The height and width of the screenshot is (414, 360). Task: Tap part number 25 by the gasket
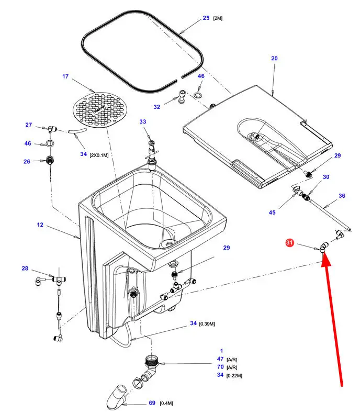206,18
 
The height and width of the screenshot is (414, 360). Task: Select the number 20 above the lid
274,59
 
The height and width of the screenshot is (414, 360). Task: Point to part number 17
65,76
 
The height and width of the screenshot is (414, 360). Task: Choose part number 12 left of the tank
40,225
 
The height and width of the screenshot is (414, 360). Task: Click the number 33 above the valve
143,121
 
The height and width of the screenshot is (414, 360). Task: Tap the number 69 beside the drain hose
152,402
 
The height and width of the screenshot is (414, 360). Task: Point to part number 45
272,212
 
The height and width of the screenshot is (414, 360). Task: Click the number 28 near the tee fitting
25,268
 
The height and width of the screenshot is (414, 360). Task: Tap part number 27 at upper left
29,125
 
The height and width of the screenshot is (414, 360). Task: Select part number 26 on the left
27,161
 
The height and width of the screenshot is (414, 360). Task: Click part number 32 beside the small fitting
156,107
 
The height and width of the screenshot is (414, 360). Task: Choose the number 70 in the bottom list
220,367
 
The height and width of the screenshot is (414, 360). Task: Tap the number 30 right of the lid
326,177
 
